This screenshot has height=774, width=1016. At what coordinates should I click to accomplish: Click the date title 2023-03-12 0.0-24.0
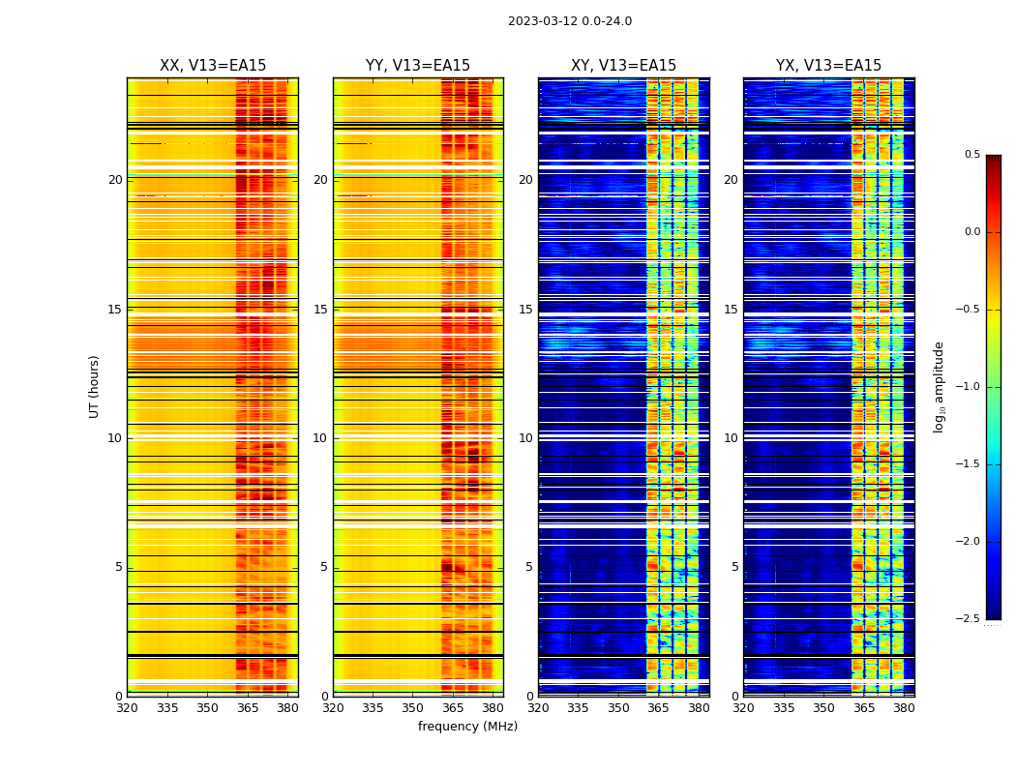tap(570, 21)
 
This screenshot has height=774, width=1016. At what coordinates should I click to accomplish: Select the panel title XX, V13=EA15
tap(213, 66)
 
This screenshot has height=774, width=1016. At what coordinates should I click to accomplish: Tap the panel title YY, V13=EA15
tap(418, 66)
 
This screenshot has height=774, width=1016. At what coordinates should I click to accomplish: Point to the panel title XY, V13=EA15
tap(623, 66)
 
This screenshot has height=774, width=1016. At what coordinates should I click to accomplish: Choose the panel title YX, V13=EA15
tap(828, 66)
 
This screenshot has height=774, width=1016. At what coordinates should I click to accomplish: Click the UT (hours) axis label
tap(94, 386)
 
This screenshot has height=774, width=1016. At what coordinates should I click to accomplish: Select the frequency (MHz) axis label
tap(467, 727)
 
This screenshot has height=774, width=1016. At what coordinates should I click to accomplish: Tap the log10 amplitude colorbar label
tap(939, 386)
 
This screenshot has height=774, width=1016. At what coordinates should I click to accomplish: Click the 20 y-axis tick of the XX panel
tap(115, 180)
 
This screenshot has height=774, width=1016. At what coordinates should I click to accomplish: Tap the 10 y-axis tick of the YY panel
tap(320, 438)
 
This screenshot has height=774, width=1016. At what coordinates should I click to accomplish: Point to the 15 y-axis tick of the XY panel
tap(525, 310)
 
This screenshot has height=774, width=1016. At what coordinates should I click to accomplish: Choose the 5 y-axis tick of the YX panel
tap(734, 567)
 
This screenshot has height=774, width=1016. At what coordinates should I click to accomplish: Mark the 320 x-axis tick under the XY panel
tap(539, 708)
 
